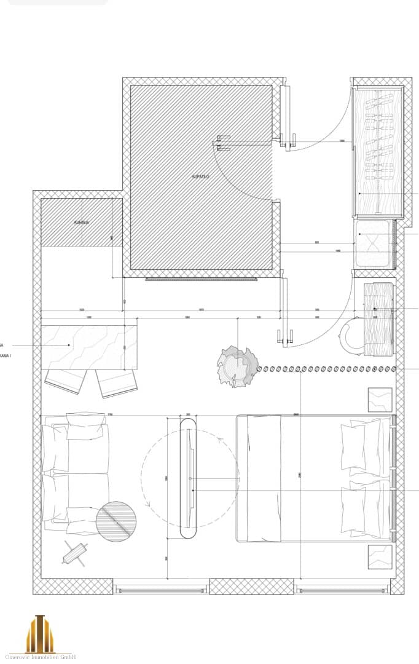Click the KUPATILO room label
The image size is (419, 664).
[201, 176]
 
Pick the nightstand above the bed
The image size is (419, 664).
[379, 400]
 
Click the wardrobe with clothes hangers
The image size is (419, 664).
[377, 151]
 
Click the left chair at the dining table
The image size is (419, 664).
[63, 381]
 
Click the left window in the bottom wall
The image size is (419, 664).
[161, 590]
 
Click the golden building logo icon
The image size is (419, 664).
[39, 633]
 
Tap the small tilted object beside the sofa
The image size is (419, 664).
[76, 553]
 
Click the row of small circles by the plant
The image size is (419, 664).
[326, 369]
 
